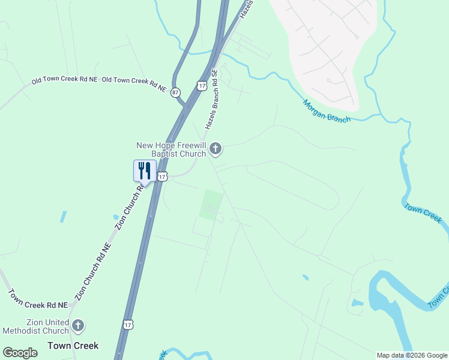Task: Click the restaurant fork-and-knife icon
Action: click(x=144, y=170)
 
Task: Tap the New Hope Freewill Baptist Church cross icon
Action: click(x=216, y=149)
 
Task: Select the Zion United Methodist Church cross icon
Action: click(x=77, y=326)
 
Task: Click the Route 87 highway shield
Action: click(x=175, y=92)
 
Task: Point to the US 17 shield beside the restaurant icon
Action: click(x=162, y=176)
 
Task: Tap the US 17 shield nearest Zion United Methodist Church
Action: click(x=128, y=325)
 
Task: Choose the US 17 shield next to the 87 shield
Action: click(x=202, y=86)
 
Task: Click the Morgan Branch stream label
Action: click(x=327, y=111)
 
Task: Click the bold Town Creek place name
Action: click(x=73, y=346)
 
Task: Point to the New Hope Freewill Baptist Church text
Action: click(x=172, y=149)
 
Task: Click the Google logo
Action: click(x=20, y=353)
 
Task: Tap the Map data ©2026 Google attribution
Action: click(x=412, y=355)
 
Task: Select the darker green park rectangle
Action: click(x=211, y=205)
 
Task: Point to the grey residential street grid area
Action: click(x=324, y=48)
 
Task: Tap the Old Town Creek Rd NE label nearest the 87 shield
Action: click(x=134, y=84)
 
